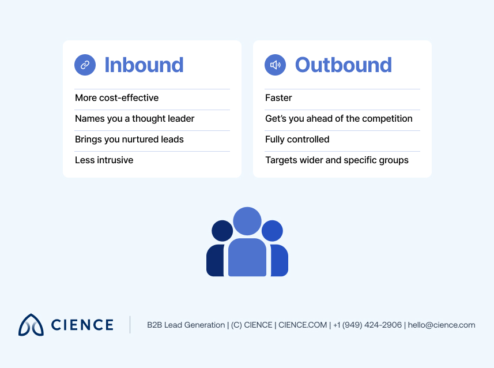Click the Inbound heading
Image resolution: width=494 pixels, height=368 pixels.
(x=144, y=65)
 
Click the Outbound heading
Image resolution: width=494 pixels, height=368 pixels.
(x=343, y=65)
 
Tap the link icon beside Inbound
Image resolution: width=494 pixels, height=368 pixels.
(x=85, y=65)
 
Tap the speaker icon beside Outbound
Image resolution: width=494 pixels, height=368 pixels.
(x=276, y=65)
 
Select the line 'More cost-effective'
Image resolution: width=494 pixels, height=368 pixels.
(x=116, y=98)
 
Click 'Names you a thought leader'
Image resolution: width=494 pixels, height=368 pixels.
(x=134, y=119)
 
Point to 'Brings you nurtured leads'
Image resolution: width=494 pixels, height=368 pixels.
(x=129, y=140)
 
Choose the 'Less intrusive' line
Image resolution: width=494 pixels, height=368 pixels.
(x=104, y=160)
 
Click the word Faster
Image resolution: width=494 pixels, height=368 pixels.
(x=278, y=98)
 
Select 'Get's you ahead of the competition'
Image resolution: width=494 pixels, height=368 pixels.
(x=338, y=119)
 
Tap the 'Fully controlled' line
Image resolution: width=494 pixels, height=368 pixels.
(x=297, y=140)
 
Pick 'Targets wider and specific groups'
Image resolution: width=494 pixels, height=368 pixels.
(x=337, y=160)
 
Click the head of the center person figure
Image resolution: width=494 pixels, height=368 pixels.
(x=247, y=221)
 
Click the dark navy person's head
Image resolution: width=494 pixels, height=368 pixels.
(x=222, y=231)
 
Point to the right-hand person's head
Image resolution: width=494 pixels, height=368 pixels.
(x=272, y=231)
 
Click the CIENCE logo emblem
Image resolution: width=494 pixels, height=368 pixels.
(x=31, y=325)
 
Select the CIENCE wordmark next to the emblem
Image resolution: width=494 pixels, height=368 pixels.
(x=82, y=325)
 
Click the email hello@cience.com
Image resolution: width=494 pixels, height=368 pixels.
(x=442, y=325)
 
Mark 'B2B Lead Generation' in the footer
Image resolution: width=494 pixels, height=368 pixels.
(x=186, y=325)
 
